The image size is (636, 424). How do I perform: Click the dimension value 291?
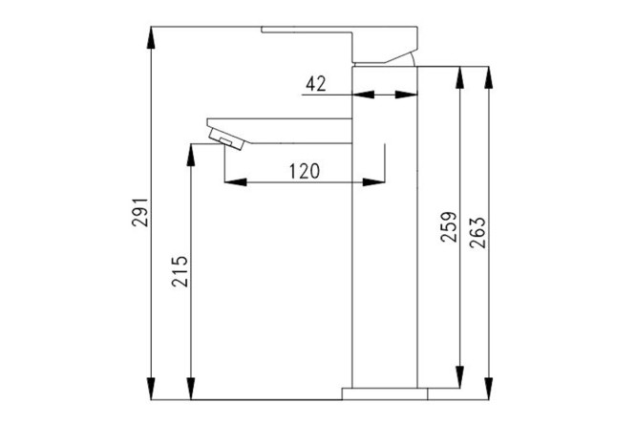click(x=140, y=212)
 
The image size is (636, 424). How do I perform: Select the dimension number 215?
click(x=180, y=271)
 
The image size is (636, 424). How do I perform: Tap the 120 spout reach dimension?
click(x=305, y=171)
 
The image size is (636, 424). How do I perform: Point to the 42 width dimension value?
click(x=315, y=84)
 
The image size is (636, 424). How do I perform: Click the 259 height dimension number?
click(x=449, y=227)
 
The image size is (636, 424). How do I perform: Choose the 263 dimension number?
click(x=477, y=232)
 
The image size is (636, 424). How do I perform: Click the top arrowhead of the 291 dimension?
click(x=151, y=37)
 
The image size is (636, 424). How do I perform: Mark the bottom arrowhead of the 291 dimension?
click(x=151, y=389)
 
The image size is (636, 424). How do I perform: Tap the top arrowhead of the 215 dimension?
click(x=191, y=155)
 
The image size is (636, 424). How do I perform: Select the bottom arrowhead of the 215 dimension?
click(x=191, y=389)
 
